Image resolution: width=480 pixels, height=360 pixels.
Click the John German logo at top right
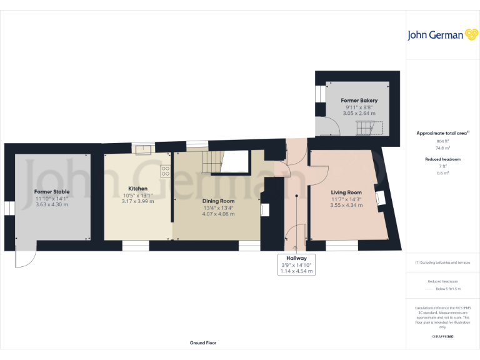(435, 35)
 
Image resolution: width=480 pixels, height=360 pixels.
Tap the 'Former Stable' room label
(52, 191)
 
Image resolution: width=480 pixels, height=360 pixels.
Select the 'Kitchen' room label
(137, 188)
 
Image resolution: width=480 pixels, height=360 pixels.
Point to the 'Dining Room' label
(219, 201)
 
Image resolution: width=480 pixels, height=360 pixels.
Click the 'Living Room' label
(346, 192)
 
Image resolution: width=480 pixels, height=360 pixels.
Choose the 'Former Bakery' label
(359, 100)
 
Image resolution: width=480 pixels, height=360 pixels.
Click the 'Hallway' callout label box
(296, 264)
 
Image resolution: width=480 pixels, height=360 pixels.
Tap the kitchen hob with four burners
(166, 169)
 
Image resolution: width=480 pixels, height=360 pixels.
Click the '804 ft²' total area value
(442, 141)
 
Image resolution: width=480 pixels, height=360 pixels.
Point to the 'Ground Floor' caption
(203, 343)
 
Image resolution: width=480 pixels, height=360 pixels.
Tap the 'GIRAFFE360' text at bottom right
(442, 337)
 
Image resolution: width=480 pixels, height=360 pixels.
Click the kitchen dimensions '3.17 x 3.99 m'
(137, 201)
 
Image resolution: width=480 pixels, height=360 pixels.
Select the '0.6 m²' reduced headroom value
(442, 173)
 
